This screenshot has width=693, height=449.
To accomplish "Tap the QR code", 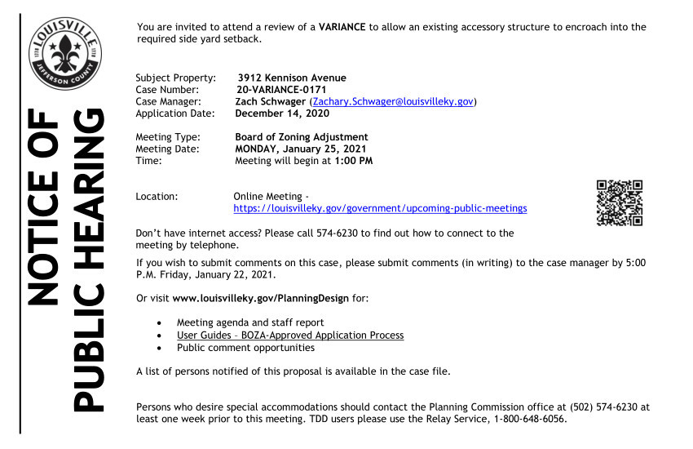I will pyautogui.click(x=620, y=202).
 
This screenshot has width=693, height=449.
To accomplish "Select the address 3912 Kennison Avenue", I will pyautogui.click(x=292, y=78).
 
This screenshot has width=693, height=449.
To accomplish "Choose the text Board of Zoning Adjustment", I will pyautogui.click(x=302, y=137).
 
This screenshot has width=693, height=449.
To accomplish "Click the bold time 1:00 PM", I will pyautogui.click(x=354, y=161).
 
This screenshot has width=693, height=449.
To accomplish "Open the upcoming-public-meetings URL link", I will pyautogui.click(x=380, y=208).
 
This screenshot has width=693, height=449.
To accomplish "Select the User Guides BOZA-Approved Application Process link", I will pyautogui.click(x=290, y=336).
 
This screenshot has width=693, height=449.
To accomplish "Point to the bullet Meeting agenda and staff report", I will pyautogui.click(x=250, y=323).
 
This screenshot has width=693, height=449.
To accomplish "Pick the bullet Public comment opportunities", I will pyautogui.click(x=245, y=348).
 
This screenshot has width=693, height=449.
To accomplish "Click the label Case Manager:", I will pyautogui.click(x=168, y=101).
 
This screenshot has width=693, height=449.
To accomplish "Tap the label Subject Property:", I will pyautogui.click(x=175, y=78).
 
